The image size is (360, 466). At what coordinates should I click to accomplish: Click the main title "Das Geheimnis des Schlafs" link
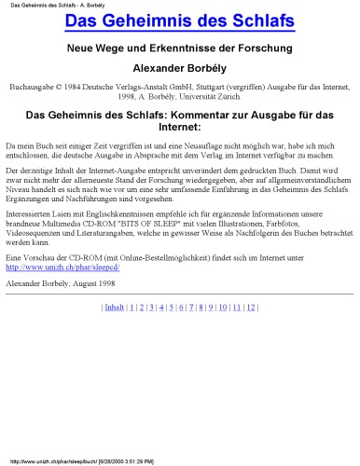point(179,21)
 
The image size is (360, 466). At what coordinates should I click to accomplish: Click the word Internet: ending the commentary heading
point(179,129)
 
